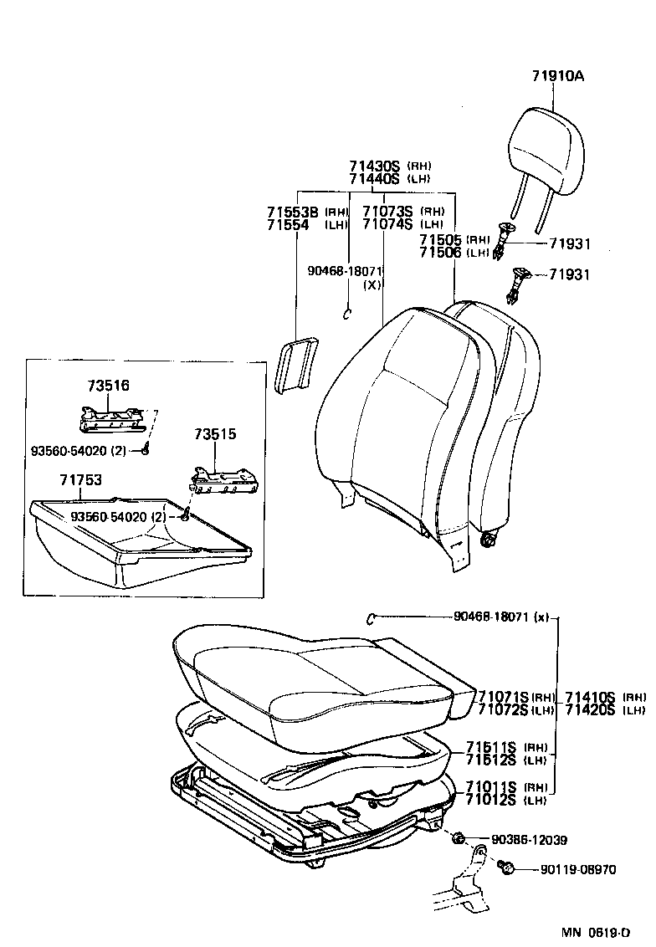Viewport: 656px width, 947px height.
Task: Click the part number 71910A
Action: pos(556,76)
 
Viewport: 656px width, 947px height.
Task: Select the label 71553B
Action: pos(293,212)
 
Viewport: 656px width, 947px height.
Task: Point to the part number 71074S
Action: pos(388,224)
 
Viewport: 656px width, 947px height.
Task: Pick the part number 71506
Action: pos(440,253)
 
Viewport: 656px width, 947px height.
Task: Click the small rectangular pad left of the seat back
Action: pos(296,364)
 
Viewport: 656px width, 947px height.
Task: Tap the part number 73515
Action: pos(215,434)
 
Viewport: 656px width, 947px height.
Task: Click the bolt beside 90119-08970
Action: pos(506,869)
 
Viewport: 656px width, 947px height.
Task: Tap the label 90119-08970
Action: pos(575,870)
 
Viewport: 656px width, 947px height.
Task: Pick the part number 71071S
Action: pos(503,697)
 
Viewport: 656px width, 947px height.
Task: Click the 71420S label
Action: pos(590,710)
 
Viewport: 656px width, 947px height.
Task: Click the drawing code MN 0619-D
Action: pos(596,932)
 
